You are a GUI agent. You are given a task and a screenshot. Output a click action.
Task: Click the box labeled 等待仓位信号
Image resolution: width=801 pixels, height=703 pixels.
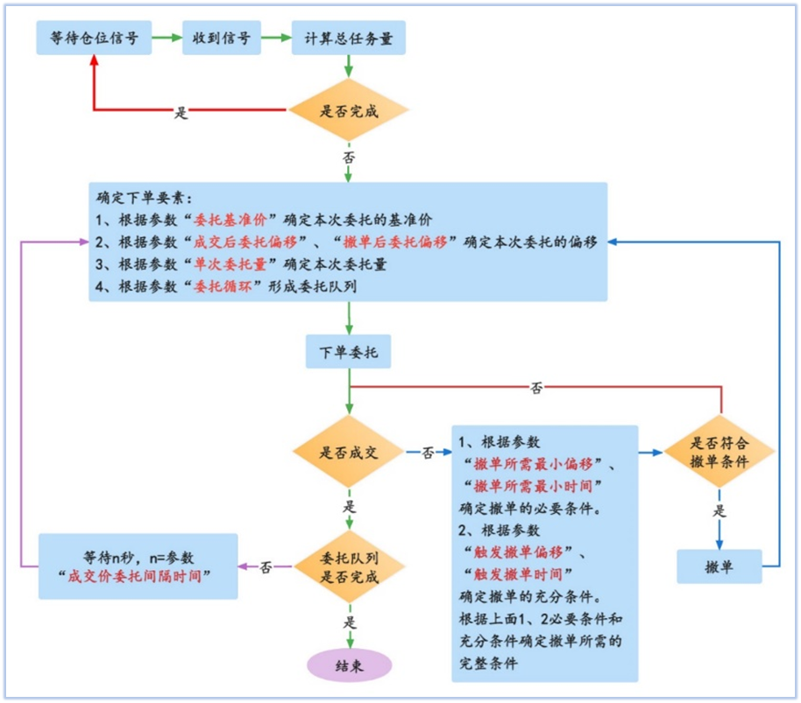[94, 38]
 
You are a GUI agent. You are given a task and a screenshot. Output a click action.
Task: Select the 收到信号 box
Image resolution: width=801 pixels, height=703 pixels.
[222, 38]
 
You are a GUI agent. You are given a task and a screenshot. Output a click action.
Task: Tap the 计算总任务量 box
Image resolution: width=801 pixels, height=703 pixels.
[349, 38]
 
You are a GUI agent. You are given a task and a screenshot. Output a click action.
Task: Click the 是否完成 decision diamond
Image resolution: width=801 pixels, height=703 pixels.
[349, 110]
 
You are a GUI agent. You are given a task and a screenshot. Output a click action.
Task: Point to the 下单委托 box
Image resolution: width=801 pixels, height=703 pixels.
[349, 352]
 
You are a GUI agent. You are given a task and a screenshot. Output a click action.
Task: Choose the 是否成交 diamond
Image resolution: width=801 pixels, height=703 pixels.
[349, 452]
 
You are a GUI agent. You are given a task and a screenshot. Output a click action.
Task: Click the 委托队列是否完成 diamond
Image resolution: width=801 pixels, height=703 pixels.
[350, 566]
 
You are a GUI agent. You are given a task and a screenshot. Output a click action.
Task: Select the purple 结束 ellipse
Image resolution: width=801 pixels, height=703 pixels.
[350, 665]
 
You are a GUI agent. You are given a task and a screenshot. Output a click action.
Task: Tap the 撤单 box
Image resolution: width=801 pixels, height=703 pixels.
[719, 566]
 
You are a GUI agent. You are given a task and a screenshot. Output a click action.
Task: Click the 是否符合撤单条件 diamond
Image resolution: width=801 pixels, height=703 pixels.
[719, 452]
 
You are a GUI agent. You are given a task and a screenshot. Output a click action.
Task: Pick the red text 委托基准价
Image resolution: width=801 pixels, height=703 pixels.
[230, 220]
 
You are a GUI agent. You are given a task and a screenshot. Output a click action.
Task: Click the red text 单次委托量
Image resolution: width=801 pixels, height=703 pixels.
[230, 264]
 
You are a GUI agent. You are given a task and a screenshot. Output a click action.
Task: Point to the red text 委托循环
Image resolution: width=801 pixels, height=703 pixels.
[223, 286]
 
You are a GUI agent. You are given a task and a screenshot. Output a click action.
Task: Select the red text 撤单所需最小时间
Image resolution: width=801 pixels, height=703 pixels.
[533, 486]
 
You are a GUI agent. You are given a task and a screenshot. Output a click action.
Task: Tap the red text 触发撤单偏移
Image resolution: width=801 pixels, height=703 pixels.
[518, 552]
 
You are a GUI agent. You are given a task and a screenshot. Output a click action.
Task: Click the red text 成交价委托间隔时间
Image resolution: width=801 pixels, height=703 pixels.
[134, 576]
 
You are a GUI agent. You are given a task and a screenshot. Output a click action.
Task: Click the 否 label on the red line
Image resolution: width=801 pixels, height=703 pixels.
[536, 388]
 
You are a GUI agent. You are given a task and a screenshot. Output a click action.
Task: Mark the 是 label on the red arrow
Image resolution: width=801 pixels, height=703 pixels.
[181, 113]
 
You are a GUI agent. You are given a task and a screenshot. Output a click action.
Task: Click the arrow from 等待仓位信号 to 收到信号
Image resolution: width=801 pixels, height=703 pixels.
[167, 38]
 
